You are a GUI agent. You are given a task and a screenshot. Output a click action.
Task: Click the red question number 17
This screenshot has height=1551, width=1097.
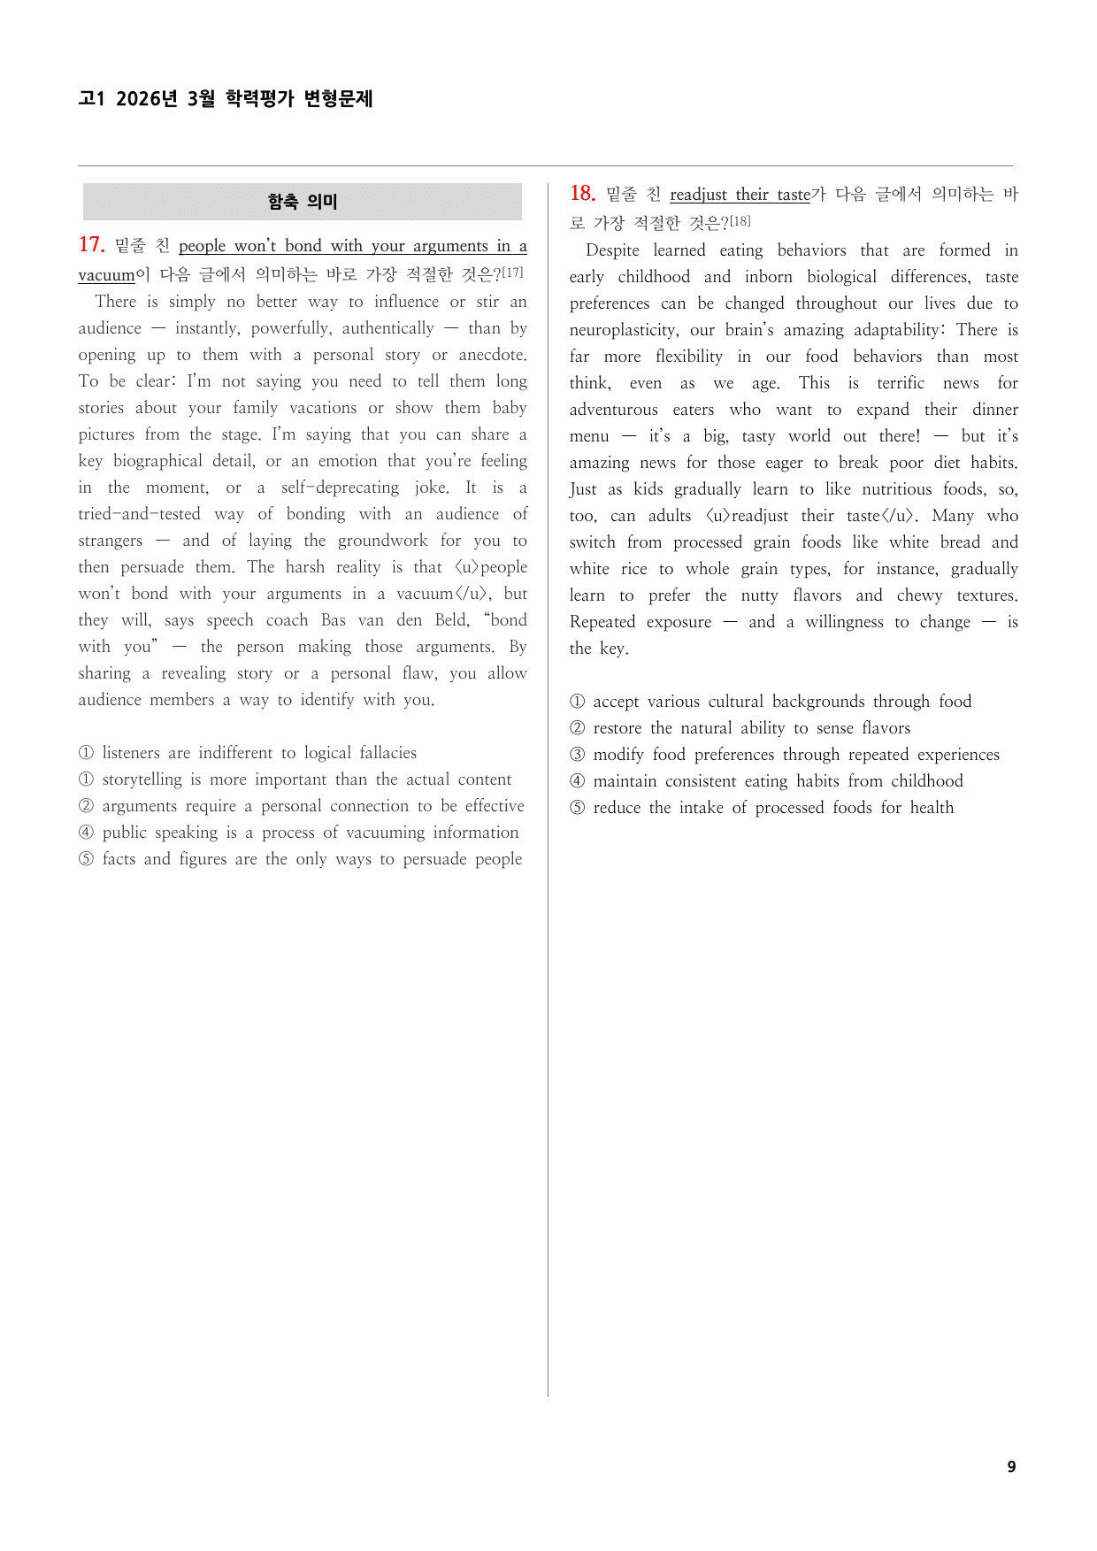click(x=91, y=245)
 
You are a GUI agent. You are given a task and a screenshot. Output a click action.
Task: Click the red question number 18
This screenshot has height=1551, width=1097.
click(x=582, y=194)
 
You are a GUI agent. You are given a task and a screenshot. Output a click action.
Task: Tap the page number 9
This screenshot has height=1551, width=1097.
click(x=1011, y=1467)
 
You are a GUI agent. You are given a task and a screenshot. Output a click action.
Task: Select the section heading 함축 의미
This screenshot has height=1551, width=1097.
click(x=303, y=202)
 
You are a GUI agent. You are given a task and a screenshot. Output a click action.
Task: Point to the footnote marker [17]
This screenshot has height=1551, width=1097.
click(x=512, y=273)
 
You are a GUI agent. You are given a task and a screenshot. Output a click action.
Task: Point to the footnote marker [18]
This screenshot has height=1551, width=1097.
click(x=740, y=221)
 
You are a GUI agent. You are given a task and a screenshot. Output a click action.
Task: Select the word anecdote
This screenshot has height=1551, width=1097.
click(x=492, y=355)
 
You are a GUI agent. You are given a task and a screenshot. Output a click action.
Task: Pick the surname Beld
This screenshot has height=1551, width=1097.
click(x=451, y=620)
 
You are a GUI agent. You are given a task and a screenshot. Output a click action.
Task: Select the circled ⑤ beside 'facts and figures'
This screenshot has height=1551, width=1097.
click(x=86, y=859)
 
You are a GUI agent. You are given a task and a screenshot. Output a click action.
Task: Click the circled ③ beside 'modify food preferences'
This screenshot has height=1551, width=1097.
click(x=577, y=755)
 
